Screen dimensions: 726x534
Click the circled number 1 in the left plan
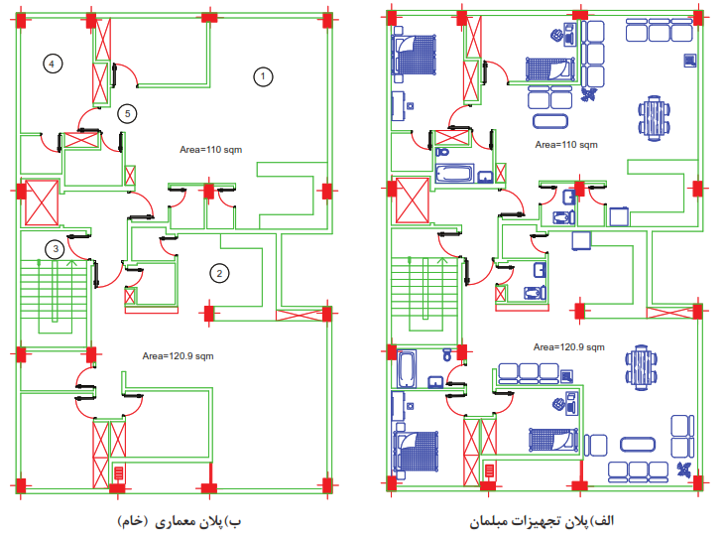(x=263, y=76)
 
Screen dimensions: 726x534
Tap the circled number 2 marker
(x=219, y=274)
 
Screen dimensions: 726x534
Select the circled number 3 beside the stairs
(x=56, y=249)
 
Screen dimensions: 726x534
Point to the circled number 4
(x=53, y=64)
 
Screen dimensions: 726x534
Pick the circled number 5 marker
(x=127, y=113)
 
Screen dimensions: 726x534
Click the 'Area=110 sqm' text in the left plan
(x=210, y=150)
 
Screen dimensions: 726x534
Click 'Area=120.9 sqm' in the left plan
(x=178, y=356)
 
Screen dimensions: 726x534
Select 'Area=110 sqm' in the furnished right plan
(x=566, y=145)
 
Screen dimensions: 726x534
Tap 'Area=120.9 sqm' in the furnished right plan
(x=569, y=347)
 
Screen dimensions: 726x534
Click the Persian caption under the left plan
(x=180, y=521)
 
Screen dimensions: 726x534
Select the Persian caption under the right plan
(x=542, y=521)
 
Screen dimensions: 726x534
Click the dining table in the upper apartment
(x=654, y=118)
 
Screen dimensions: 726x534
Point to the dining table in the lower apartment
(x=642, y=367)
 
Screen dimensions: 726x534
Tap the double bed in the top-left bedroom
(x=414, y=55)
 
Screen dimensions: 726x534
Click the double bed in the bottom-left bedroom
(x=416, y=452)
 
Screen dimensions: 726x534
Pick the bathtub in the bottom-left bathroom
(x=407, y=369)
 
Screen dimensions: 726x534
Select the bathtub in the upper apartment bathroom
(x=454, y=174)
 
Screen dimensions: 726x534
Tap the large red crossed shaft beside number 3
(x=42, y=202)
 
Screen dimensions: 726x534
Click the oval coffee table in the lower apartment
(x=638, y=445)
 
